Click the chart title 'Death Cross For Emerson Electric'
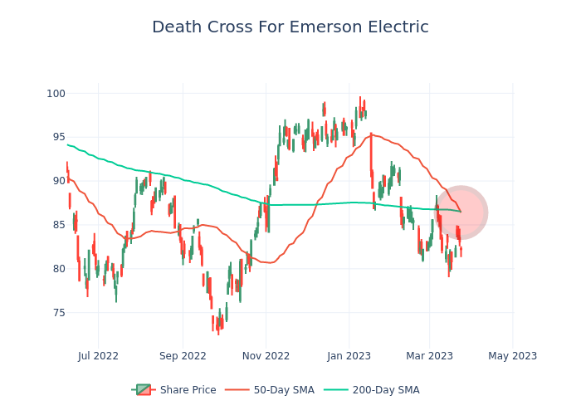(290, 27)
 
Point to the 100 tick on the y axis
(56, 93)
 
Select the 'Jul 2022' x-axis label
(98, 356)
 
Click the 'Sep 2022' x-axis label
(183, 356)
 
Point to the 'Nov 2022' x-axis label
(266, 356)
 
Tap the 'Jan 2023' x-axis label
(349, 356)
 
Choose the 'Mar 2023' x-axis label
(429, 356)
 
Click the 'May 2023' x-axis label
(513, 356)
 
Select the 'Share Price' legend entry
(188, 390)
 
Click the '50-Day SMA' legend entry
(284, 390)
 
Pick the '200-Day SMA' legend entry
(386, 390)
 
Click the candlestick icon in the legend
(144, 390)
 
